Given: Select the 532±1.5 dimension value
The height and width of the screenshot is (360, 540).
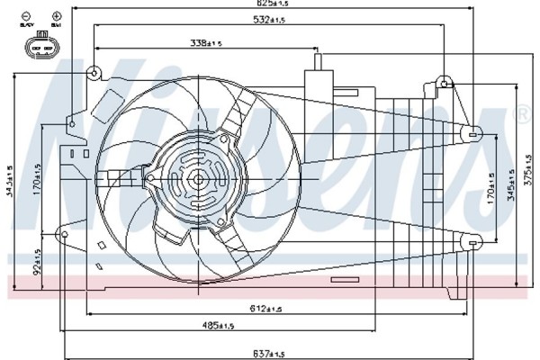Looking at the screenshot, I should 273,20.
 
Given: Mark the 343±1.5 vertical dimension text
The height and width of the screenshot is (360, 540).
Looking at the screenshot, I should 8,180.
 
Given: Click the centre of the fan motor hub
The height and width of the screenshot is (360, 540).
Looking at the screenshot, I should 197,179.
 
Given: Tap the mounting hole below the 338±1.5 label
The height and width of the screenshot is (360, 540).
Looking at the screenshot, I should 94,72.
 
